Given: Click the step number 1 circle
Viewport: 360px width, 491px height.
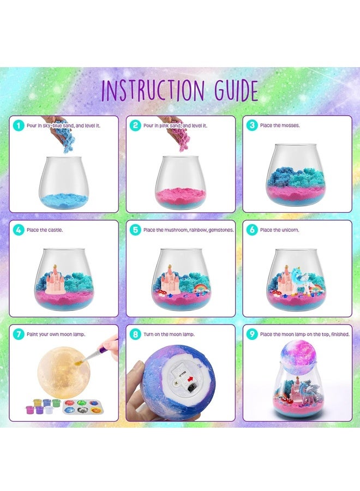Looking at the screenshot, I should click(x=19, y=125).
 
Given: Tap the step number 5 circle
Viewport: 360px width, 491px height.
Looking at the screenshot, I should click(x=135, y=230).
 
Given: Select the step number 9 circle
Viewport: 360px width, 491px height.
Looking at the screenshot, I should click(x=252, y=334).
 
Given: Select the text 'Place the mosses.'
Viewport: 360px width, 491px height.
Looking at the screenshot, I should click(x=282, y=125).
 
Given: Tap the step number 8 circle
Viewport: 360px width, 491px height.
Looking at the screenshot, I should click(x=135, y=334).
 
